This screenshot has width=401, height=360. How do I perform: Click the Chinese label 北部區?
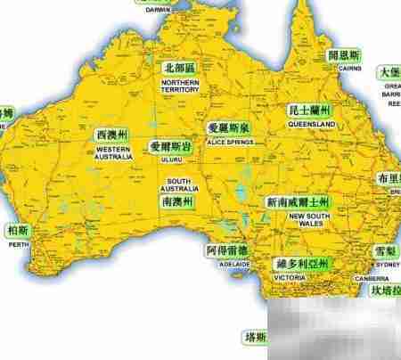tap(181, 68)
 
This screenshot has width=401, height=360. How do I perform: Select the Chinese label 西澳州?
tap(112, 135)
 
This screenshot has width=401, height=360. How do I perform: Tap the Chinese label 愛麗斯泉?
tap(228, 129)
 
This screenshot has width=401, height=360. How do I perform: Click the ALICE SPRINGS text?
tap(228, 141)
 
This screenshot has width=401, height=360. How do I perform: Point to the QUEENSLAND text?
tap(311, 124)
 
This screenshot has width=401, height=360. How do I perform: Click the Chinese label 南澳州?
tap(179, 202)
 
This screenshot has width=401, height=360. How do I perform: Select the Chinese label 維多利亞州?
tap(301, 264)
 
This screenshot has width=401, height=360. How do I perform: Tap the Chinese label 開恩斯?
tap(344, 55)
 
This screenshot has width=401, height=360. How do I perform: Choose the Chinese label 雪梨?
tap(386, 252)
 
